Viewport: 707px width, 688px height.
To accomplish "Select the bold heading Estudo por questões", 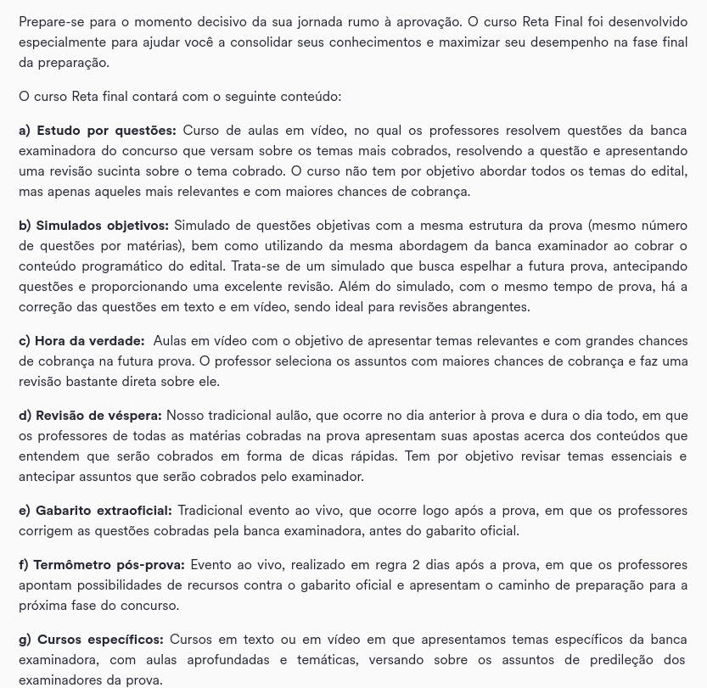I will [x=106, y=131].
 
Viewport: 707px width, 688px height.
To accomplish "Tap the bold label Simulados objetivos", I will [x=102, y=226].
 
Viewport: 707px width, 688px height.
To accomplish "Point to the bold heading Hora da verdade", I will [x=89, y=341].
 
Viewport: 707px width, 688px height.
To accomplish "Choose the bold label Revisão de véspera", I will [x=98, y=416].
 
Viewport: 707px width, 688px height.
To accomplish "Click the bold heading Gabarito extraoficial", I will [x=104, y=511].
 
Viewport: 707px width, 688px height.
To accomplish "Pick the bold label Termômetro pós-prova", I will [x=109, y=565].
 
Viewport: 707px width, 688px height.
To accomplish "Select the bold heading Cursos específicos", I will [x=100, y=640].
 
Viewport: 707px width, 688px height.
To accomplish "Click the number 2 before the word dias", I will [x=416, y=565].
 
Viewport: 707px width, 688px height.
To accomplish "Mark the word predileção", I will [x=601, y=660].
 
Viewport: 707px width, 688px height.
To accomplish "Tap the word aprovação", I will [x=428, y=22].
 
